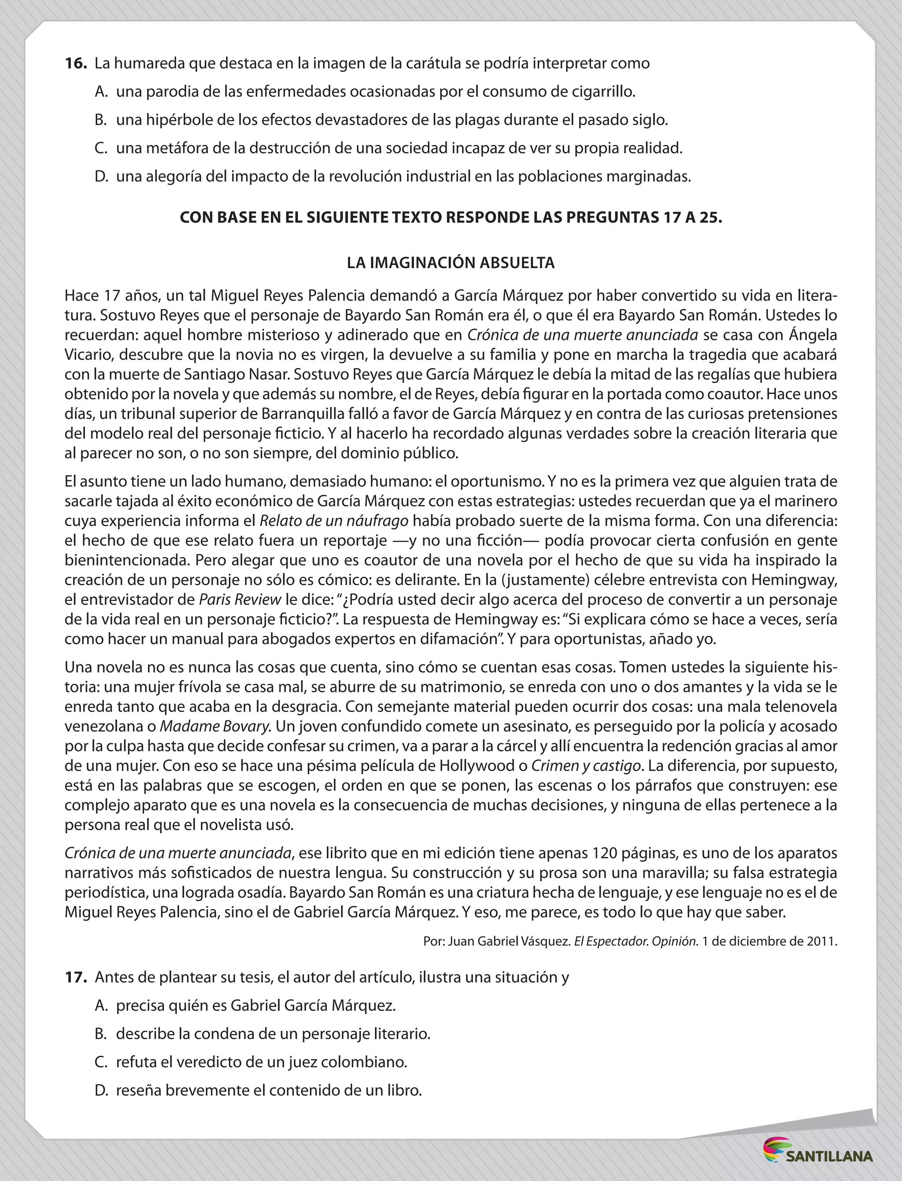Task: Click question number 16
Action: click(75, 63)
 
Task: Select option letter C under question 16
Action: click(100, 148)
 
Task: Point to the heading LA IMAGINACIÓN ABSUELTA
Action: click(451, 262)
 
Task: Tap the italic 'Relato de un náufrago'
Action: click(334, 521)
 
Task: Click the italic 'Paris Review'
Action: click(240, 599)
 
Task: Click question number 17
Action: click(75, 977)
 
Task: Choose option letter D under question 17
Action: click(101, 1090)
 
